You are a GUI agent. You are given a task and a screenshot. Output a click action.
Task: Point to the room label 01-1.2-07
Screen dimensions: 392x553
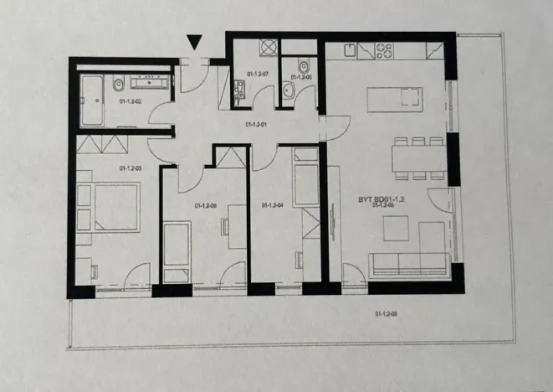259,75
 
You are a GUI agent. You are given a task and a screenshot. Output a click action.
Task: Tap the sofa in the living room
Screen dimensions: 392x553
410,264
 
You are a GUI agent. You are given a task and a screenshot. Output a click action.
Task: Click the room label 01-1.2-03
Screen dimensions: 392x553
131,169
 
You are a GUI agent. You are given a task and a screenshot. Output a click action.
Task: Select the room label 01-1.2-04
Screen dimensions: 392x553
270,204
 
